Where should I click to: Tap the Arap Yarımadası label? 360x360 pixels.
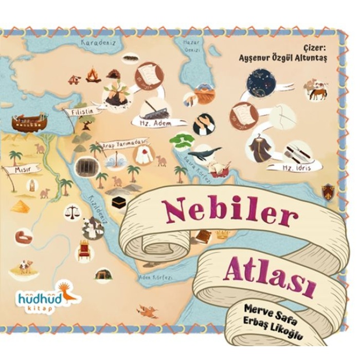point(123,143)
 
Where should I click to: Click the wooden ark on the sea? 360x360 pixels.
point(29,122)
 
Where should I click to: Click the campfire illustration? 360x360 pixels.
point(93,76)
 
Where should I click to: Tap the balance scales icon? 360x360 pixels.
point(72,211)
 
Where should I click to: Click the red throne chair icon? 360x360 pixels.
point(84,250)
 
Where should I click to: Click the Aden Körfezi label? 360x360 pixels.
point(155,277)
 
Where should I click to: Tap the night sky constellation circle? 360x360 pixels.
point(262,83)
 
